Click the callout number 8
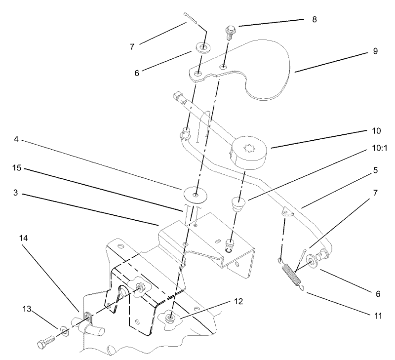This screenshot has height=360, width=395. pyautogui.click(x=315, y=19)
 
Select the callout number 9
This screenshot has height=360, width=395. pyautogui.click(x=375, y=51)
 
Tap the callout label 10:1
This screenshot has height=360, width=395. pyautogui.click(x=379, y=148)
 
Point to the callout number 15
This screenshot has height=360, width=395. pyautogui.click(x=17, y=167)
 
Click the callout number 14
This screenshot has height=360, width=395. pyautogui.click(x=23, y=238)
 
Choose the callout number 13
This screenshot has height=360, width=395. pyautogui.click(x=27, y=309)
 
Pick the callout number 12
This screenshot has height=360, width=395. pyautogui.click(x=238, y=301)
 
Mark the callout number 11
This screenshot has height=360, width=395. pyautogui.click(x=378, y=316)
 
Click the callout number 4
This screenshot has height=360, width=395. pyautogui.click(x=16, y=139)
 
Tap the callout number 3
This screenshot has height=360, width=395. pyautogui.click(x=16, y=193)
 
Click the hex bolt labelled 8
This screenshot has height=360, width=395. pyautogui.click(x=229, y=32)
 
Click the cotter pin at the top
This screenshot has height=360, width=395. pyautogui.click(x=191, y=17)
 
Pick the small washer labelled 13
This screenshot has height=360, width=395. pyautogui.click(x=64, y=331)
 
